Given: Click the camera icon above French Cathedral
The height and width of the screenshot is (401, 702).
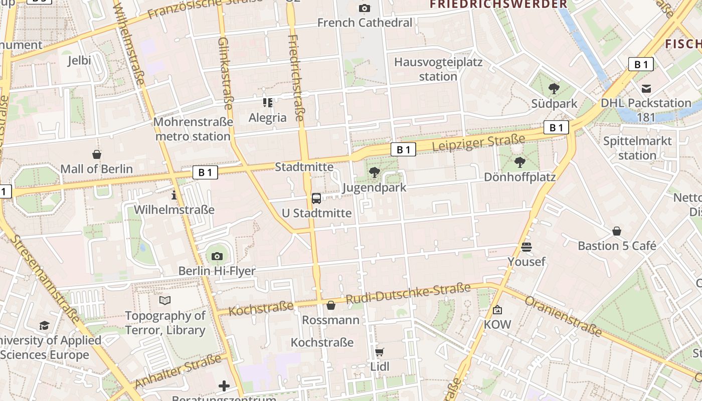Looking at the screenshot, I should pyautogui.click(x=365, y=8).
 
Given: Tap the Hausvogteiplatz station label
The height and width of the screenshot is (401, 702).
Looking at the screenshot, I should pyautogui.click(x=438, y=69).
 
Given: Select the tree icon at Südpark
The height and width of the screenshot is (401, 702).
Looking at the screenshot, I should pyautogui.click(x=554, y=89).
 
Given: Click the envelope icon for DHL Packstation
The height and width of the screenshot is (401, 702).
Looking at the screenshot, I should pyautogui.click(x=646, y=89).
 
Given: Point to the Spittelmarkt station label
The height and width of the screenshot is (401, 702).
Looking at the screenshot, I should pyautogui.click(x=637, y=148).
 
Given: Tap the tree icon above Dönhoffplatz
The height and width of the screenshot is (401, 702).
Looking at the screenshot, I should pyautogui.click(x=519, y=162).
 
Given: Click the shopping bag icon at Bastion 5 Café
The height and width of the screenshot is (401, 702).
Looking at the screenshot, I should pyautogui.click(x=617, y=231).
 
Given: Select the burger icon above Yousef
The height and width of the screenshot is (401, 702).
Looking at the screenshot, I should pyautogui.click(x=526, y=247).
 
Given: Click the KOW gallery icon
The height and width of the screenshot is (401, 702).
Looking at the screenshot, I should pyautogui.click(x=497, y=310).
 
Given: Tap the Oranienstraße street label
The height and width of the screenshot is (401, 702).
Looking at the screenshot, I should pyautogui.click(x=563, y=316).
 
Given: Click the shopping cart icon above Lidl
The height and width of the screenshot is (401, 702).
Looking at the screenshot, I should pyautogui.click(x=380, y=352).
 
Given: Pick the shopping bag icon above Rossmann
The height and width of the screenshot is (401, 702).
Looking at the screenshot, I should pyautogui.click(x=330, y=305).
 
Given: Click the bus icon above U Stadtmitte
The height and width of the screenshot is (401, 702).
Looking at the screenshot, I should pyautogui.click(x=316, y=198).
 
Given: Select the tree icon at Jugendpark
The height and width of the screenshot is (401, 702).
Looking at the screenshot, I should pyautogui.click(x=374, y=173).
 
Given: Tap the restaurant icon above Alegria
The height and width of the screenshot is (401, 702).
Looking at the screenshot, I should pyautogui.click(x=268, y=103).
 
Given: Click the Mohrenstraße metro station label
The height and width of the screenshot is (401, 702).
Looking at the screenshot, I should pyautogui.click(x=193, y=129).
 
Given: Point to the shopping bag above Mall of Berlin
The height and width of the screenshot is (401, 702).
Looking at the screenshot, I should pyautogui.click(x=97, y=154).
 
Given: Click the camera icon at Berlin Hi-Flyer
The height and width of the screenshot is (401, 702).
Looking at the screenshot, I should pyautogui.click(x=217, y=256).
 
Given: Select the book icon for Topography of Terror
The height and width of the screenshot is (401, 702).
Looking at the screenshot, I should pyautogui.click(x=165, y=300).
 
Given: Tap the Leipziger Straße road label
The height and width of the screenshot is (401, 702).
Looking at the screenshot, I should pyautogui.click(x=478, y=142).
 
